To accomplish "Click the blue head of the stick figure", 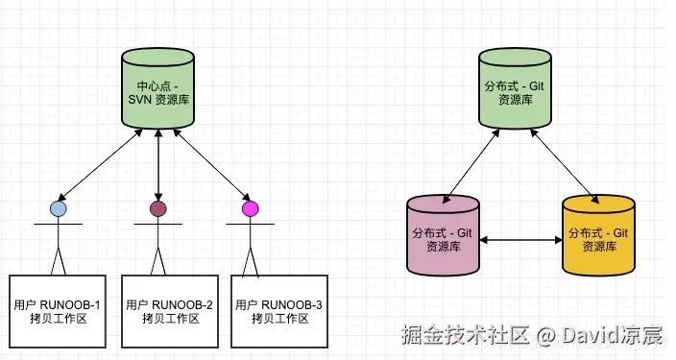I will [58, 208].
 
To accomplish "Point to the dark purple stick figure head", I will [157, 208].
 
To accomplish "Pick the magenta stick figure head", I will [251, 208].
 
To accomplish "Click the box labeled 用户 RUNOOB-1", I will [58, 311].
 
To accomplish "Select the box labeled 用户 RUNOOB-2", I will [170, 311].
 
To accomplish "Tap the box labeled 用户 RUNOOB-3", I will [278, 311].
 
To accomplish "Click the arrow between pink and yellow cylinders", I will [520, 240].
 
